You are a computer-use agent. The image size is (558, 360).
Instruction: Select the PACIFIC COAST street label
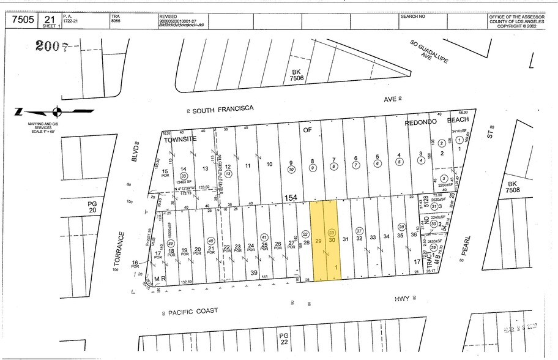tap(193, 311)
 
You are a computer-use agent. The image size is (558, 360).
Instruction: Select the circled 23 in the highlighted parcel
tap(331, 233)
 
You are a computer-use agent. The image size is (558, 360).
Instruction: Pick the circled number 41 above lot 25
tap(264, 236)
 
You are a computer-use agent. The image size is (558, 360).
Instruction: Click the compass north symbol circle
tap(57, 111)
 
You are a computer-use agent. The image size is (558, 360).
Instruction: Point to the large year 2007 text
tap(51, 45)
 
